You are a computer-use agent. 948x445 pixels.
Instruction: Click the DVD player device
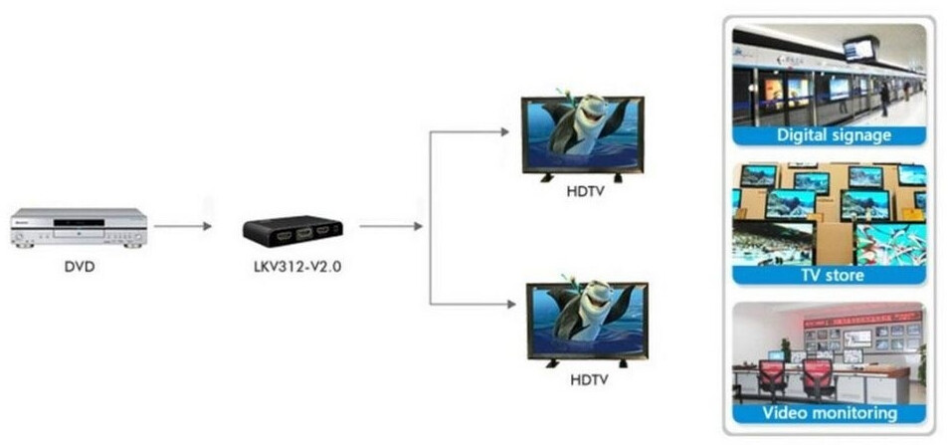pyautogui.click(x=80, y=228)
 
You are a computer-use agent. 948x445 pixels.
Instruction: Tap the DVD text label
pyautogui.click(x=80, y=266)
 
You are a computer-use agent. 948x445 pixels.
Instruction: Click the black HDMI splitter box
pyautogui.click(x=293, y=231)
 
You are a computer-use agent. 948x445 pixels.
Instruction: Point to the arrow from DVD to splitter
pyautogui.click(x=183, y=226)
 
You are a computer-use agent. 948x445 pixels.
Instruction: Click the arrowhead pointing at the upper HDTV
pyautogui.click(x=504, y=131)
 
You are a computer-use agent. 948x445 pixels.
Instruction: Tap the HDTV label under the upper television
pyautogui.click(x=585, y=192)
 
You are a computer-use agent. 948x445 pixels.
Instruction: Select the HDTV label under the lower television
pyautogui.click(x=590, y=380)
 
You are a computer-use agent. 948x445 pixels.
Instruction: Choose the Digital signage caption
pyautogui.click(x=834, y=135)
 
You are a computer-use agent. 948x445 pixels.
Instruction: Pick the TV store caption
pyautogui.click(x=833, y=276)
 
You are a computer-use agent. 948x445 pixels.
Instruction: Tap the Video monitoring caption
pyautogui.click(x=830, y=413)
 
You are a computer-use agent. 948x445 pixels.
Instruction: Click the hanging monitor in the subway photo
pyautogui.click(x=860, y=49)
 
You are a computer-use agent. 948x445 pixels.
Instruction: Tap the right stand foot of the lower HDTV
pyautogui.click(x=623, y=363)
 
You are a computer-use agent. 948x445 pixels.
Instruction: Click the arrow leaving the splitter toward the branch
pyautogui.click(x=391, y=226)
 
